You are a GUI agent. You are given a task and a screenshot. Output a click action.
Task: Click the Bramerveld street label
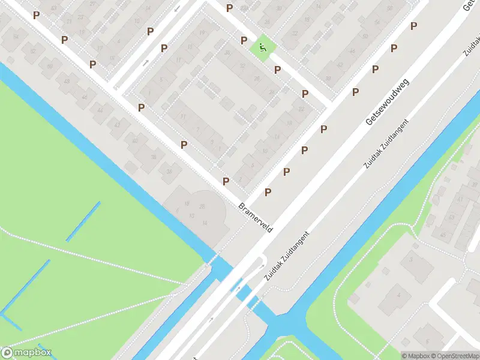coord(256,218)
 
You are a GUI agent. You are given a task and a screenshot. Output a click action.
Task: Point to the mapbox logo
coord(26,353)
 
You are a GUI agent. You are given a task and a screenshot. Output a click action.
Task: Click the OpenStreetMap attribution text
coord(455,356)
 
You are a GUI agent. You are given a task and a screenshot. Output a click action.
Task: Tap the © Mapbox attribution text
coord(415,356)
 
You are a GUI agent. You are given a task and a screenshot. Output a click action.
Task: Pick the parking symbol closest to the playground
coord(244,40)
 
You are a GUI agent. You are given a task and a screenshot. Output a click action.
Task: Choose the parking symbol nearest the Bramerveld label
coord(226,181)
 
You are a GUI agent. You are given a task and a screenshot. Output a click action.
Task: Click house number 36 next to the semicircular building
coord(170,171)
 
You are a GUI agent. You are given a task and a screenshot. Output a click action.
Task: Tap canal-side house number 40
coord(134,141)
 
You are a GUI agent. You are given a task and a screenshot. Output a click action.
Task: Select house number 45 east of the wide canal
coord(443,234)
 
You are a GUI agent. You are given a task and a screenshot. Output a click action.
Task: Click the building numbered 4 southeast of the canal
coord(398,295)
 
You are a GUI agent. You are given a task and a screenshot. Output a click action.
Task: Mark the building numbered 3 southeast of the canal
coord(412,259)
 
